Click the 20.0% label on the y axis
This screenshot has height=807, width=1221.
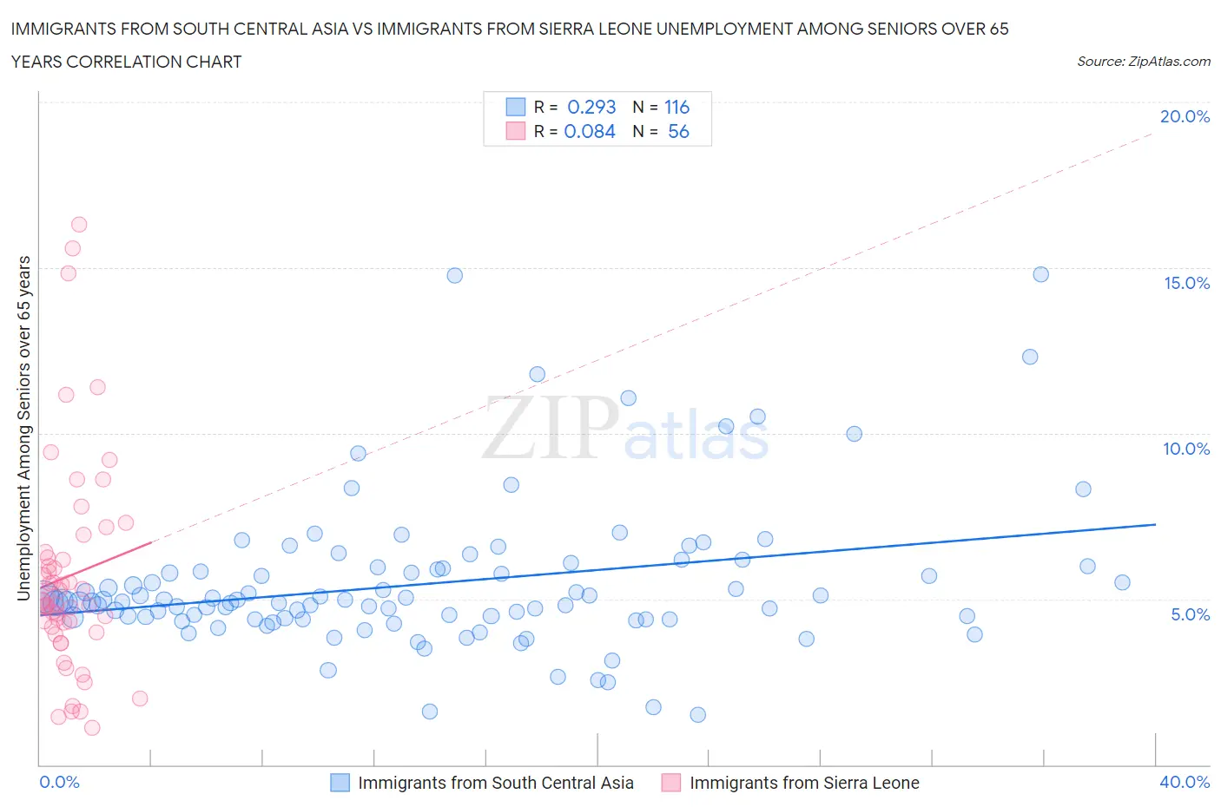[x=1185, y=116]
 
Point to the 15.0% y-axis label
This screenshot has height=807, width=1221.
[x=1186, y=283]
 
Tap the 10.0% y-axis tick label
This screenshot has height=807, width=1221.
[x=1186, y=449]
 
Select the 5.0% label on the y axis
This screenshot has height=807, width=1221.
[x=1190, y=614]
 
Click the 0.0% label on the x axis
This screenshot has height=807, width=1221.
[x=59, y=782]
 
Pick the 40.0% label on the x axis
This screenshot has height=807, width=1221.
[x=1185, y=782]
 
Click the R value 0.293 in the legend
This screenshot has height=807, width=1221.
[x=591, y=107]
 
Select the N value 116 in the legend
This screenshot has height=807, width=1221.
[x=676, y=107]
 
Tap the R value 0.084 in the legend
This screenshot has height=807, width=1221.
[x=590, y=131]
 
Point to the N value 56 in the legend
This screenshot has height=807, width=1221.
[x=678, y=131]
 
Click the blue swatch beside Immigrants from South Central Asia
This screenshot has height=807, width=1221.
[x=340, y=783]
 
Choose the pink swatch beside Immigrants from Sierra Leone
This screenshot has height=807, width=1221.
[x=671, y=783]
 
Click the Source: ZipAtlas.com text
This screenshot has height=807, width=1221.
[x=1143, y=62]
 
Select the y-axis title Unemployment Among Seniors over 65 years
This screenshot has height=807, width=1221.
[x=24, y=428]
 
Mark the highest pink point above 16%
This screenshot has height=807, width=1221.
[x=79, y=225]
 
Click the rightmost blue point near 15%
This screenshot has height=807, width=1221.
[x=1040, y=274]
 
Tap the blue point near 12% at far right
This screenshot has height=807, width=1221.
[x=1030, y=357]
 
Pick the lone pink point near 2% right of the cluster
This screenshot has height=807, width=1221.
[x=140, y=699]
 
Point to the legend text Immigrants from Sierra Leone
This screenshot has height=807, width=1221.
[x=804, y=783]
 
